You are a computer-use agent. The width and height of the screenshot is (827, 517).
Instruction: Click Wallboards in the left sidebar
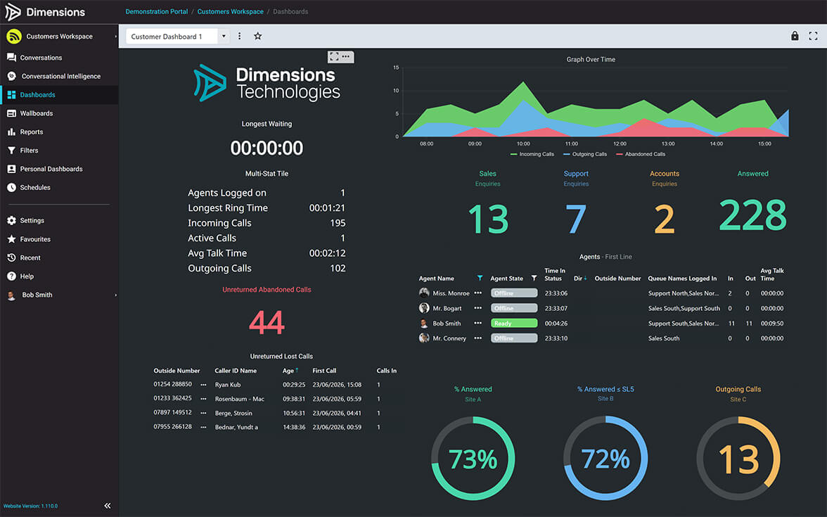pyautogui.click(x=37, y=113)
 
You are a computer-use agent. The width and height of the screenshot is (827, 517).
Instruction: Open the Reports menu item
pyautogui.click(x=31, y=132)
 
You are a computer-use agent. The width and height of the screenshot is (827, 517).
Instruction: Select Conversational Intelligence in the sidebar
pyautogui.click(x=61, y=77)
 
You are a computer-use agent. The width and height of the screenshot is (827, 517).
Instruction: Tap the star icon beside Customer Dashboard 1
pyautogui.click(x=257, y=36)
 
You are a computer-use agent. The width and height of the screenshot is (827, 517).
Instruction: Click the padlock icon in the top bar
pyautogui.click(x=795, y=36)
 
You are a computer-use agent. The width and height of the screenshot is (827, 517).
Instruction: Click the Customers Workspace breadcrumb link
pyautogui.click(x=231, y=11)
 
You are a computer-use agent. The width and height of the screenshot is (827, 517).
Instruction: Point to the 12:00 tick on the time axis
pyautogui.click(x=620, y=143)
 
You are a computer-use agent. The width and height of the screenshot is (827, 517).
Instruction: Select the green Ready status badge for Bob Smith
pyautogui.click(x=514, y=324)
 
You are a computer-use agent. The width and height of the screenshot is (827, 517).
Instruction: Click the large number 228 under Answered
pyautogui.click(x=752, y=215)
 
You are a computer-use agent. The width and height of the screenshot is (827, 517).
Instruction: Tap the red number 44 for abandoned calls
pyautogui.click(x=267, y=322)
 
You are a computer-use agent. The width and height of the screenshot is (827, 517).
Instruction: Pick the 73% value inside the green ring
pyautogui.click(x=473, y=459)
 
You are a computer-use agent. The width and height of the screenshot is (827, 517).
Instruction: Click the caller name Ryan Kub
pyautogui.click(x=228, y=385)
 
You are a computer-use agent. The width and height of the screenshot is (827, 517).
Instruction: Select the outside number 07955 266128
pyautogui.click(x=172, y=426)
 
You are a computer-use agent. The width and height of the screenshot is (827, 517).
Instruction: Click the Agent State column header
pyautogui.click(x=507, y=279)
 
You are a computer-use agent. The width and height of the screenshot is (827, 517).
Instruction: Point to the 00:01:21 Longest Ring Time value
pyautogui.click(x=327, y=208)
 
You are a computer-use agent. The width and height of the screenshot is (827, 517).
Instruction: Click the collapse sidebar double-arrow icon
pyautogui.click(x=108, y=505)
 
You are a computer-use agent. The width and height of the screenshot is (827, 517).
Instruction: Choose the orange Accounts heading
pyautogui.click(x=665, y=174)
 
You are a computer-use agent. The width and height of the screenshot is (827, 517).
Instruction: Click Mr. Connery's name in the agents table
pyautogui.click(x=449, y=339)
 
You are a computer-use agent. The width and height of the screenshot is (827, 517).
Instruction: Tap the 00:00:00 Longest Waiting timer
pyautogui.click(x=267, y=148)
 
